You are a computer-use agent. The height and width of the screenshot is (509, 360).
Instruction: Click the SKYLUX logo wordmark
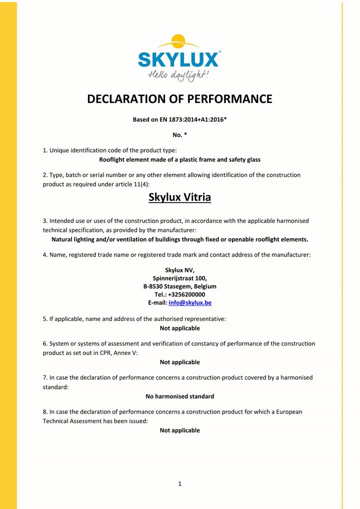pos(178,59)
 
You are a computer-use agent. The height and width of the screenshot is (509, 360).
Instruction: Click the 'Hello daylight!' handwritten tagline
pos(178,75)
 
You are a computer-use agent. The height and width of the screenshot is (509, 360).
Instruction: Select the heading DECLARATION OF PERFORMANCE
pos(179,99)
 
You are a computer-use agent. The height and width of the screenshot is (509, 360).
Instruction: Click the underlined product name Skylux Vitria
pos(179,197)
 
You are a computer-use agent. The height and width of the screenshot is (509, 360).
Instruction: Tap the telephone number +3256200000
pos(186,294)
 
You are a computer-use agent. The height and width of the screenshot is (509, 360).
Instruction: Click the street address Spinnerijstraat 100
pos(179,278)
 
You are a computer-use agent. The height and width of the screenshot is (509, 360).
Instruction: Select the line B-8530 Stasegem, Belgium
pos(179,286)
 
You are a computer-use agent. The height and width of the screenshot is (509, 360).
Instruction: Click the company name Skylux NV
pos(179,270)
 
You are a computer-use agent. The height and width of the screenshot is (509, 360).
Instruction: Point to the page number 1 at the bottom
pos(179,483)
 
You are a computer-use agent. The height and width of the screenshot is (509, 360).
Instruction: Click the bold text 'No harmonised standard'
pos(179,396)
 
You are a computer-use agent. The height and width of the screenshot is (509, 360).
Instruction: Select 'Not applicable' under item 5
pos(179,328)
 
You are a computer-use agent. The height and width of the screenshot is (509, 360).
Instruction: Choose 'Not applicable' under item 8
pos(179,430)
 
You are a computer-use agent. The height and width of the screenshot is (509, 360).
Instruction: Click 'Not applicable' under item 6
pos(179,362)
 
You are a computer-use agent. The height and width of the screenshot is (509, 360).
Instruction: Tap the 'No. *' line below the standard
pos(179,135)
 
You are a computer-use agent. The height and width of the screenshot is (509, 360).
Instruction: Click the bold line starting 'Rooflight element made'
pos(179,160)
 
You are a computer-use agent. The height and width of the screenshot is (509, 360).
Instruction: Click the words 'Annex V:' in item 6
pos(125,352)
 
